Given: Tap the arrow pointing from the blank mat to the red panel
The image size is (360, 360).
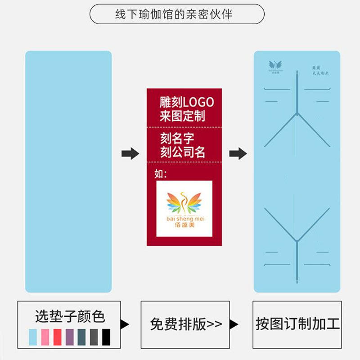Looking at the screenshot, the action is tap(130, 153).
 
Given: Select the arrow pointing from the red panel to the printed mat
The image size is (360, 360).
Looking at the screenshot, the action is tap(238, 153).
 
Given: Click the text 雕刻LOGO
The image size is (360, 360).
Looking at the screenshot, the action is tap(186, 102).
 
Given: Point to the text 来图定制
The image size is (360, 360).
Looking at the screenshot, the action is tap(182, 117).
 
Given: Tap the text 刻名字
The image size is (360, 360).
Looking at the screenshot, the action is tap(177, 138).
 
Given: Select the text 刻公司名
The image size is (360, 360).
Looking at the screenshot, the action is tap(183, 152).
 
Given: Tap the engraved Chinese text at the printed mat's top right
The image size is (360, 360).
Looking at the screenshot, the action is tap(320, 70).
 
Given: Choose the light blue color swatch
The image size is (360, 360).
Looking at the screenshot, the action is tap(34, 337).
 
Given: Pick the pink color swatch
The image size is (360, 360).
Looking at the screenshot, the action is tap(45, 337).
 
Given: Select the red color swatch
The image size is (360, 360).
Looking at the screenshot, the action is tap(58, 337).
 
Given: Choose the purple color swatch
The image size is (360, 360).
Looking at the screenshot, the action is tap(70, 337).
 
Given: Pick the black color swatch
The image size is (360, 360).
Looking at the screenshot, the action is tap(106, 337).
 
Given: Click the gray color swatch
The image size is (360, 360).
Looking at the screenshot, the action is tap(94, 337).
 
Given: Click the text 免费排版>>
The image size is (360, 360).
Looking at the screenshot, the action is tap(186, 324).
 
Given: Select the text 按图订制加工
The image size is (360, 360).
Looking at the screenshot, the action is tap(297, 324).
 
